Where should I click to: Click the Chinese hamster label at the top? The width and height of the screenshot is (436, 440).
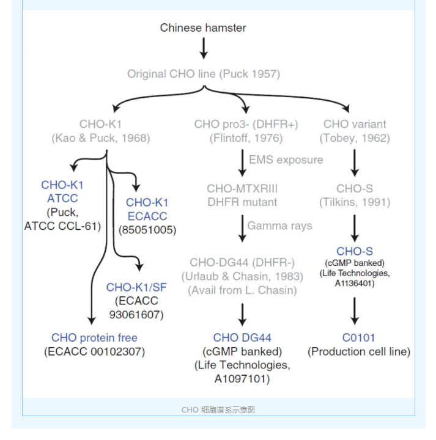[x=203, y=28]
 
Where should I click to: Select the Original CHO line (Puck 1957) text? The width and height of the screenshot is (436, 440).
[x=203, y=74]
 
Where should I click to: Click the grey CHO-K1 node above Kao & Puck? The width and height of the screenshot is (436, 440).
[x=101, y=124]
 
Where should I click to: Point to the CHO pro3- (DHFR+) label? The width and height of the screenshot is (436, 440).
[x=246, y=124]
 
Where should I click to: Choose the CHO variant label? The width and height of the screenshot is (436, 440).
[x=355, y=124]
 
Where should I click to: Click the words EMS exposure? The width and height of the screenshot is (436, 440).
[x=286, y=159]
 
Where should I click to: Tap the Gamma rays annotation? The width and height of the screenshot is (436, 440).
[x=279, y=226]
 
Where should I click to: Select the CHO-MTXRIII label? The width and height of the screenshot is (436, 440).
[x=242, y=189]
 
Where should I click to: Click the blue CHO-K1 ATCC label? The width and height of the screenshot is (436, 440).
[x=62, y=191]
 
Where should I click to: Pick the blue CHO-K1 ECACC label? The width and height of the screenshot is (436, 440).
[x=147, y=209]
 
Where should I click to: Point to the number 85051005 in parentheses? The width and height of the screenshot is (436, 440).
[x=147, y=230]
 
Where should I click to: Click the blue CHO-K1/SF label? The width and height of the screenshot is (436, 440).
[x=136, y=287]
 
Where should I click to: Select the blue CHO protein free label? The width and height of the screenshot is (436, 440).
[x=95, y=337]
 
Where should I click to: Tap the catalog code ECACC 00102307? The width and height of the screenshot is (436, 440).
[x=95, y=351]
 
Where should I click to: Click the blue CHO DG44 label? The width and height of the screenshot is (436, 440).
[x=242, y=337]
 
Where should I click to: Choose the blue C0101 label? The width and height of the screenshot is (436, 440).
[x=358, y=337]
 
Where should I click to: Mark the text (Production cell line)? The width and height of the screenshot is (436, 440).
[x=359, y=351]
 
